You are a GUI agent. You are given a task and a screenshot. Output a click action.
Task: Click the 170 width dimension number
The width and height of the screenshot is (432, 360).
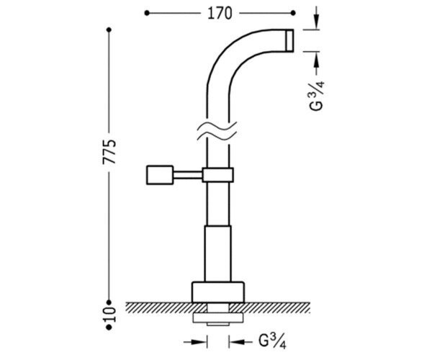coord(220,13)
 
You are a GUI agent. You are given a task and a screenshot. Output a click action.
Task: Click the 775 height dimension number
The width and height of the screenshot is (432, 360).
coord(109,152)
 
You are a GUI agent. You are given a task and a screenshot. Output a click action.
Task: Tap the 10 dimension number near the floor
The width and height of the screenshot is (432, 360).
coord(109,315)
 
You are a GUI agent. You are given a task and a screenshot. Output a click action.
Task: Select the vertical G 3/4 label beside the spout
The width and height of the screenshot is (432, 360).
coord(317,96)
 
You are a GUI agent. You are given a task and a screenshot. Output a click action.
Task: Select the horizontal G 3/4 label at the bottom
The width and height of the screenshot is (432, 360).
coord(272,342)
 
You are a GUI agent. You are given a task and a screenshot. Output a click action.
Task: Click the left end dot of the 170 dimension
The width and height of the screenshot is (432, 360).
coord(147,13)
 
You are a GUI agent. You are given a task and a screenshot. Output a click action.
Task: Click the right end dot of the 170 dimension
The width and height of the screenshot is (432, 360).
coord(293,13)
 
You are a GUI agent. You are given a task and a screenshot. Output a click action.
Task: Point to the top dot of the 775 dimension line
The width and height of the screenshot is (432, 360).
coord(109,30)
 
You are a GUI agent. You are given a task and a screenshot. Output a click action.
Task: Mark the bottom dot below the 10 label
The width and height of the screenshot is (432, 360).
coord(109,327)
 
